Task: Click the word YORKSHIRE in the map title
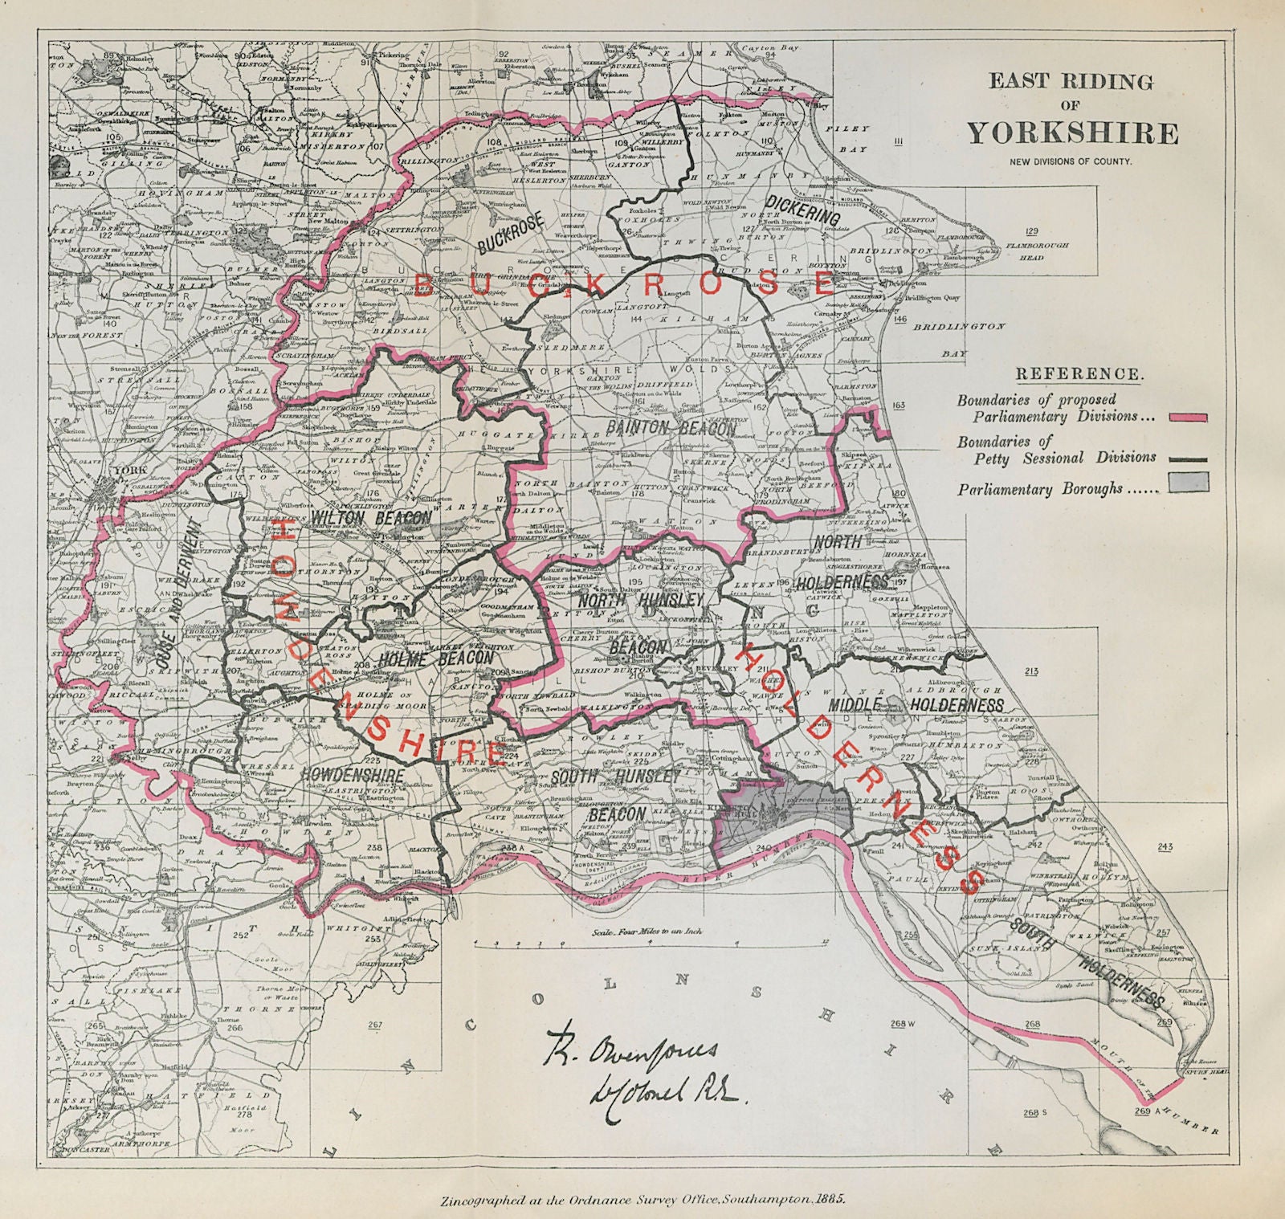[x=1073, y=133]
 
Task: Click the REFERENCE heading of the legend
[x=1078, y=374]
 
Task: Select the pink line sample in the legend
[x=1184, y=418]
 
